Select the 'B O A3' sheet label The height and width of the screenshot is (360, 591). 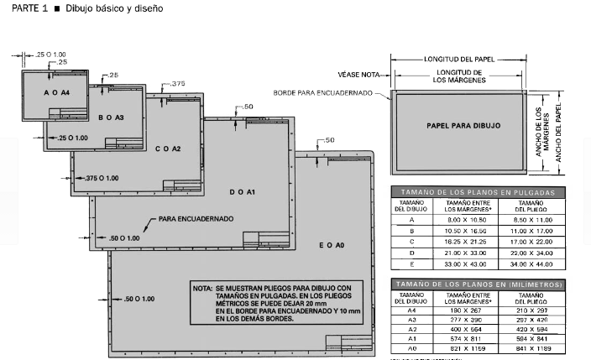click(110, 117)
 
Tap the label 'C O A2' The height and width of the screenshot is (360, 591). click(168, 149)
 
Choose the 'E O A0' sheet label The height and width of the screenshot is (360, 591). click(332, 245)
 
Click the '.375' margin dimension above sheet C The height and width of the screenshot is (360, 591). click(177, 84)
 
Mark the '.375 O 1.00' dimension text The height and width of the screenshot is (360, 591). click(102, 178)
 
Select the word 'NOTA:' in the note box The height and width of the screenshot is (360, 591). click(201, 287)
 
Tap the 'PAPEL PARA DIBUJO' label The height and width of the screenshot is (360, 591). click(463, 124)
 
